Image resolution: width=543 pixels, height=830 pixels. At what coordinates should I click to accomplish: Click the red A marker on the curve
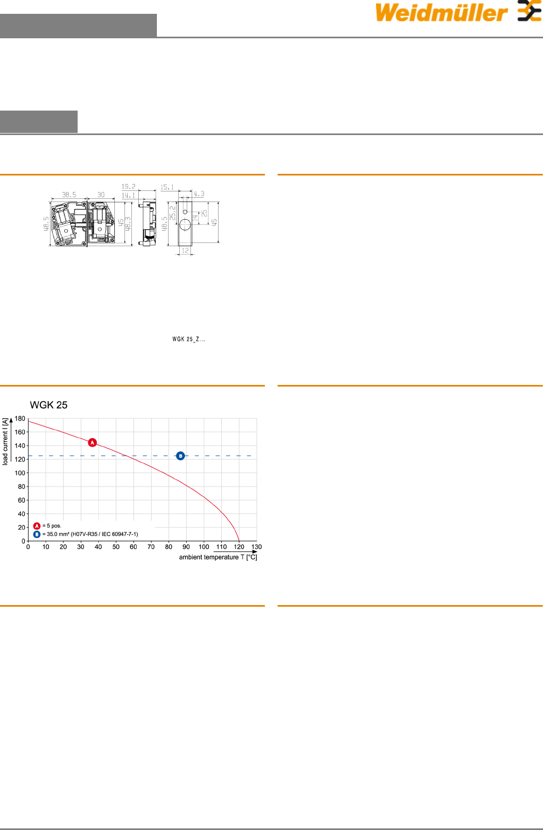click(93, 442)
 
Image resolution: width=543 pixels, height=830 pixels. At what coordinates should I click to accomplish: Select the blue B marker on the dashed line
click(180, 456)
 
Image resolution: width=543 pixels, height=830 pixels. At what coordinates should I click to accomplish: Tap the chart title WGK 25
click(48, 405)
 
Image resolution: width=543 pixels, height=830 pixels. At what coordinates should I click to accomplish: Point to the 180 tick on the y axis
click(20, 418)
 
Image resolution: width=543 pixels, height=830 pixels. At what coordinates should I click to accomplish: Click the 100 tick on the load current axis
click(20, 473)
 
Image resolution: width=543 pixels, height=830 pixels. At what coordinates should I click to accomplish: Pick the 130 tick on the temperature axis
click(256, 547)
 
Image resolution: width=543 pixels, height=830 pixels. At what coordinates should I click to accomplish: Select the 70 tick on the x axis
click(151, 547)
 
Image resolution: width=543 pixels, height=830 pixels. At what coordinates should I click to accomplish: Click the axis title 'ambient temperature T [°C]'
click(218, 557)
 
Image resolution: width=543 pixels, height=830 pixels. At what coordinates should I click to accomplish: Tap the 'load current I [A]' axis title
click(5, 442)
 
